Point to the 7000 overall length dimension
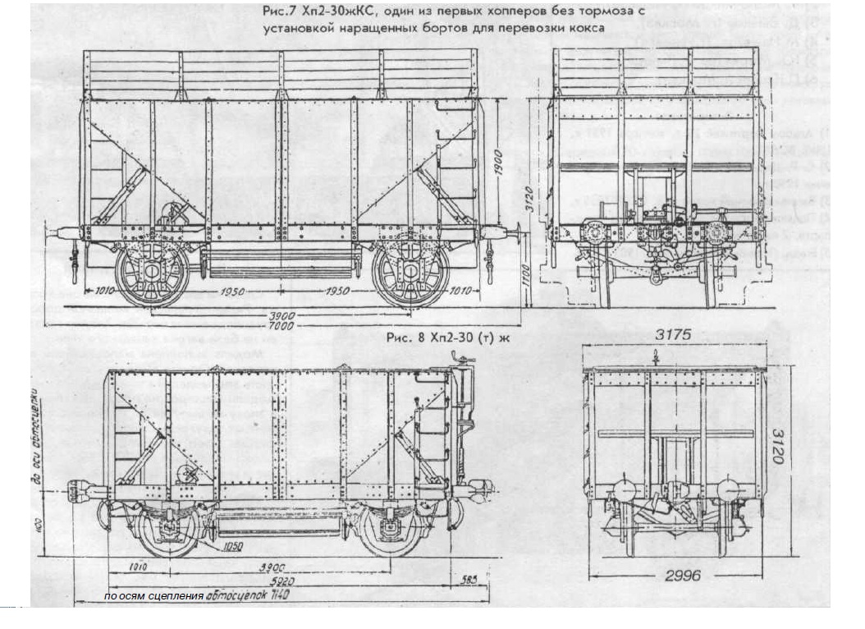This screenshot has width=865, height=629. tap(282, 325)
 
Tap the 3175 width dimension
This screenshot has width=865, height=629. tap(675, 335)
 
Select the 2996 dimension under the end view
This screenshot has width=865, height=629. tap(683, 576)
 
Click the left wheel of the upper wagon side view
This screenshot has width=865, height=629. tap(152, 275)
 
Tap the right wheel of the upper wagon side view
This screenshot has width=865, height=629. tap(410, 275)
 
